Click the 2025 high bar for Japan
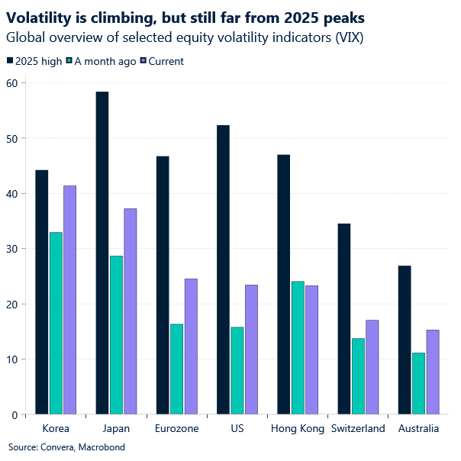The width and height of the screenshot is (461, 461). click(102, 253)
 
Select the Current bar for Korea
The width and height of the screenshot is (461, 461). click(69, 300)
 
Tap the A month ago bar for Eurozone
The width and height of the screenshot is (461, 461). click(176, 369)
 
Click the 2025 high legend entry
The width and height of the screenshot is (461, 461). click(36, 61)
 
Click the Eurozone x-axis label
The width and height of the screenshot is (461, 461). click(176, 429)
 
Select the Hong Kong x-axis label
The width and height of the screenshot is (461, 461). click(297, 429)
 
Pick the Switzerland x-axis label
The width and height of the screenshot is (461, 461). click(358, 429)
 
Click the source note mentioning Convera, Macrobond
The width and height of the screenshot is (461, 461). click(66, 446)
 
